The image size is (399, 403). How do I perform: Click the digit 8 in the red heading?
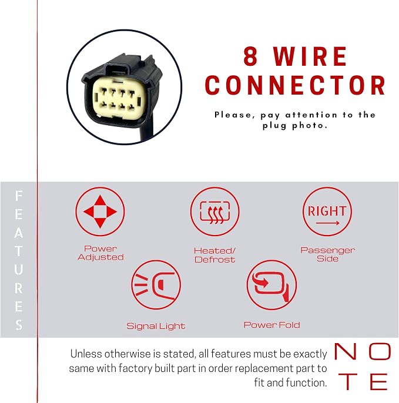pyautogui.click(x=250, y=56)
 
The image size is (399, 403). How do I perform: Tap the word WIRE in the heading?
pyautogui.click(x=310, y=56)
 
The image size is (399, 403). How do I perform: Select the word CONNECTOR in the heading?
pyautogui.click(x=296, y=85)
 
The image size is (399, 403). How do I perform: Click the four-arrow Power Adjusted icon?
pyautogui.click(x=100, y=211)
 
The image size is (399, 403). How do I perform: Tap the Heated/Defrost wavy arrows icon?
pyautogui.click(x=215, y=211)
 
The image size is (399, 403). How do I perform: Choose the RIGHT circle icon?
pyautogui.click(x=327, y=211)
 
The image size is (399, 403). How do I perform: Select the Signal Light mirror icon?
pyautogui.click(x=156, y=285)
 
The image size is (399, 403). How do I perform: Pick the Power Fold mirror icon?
pyautogui.click(x=271, y=285)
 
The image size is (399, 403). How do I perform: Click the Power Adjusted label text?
pyautogui.click(x=100, y=253)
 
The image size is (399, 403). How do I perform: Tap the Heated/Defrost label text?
pyautogui.click(x=215, y=255)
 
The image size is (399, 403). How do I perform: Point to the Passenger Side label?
pyautogui.click(x=327, y=254)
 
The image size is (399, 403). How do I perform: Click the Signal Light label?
pyautogui.click(x=156, y=326)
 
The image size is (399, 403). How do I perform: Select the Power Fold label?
pyautogui.click(x=271, y=325)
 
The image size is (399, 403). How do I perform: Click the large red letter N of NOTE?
pyautogui.click(x=346, y=351)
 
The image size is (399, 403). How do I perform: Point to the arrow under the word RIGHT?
pyautogui.click(x=328, y=223)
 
